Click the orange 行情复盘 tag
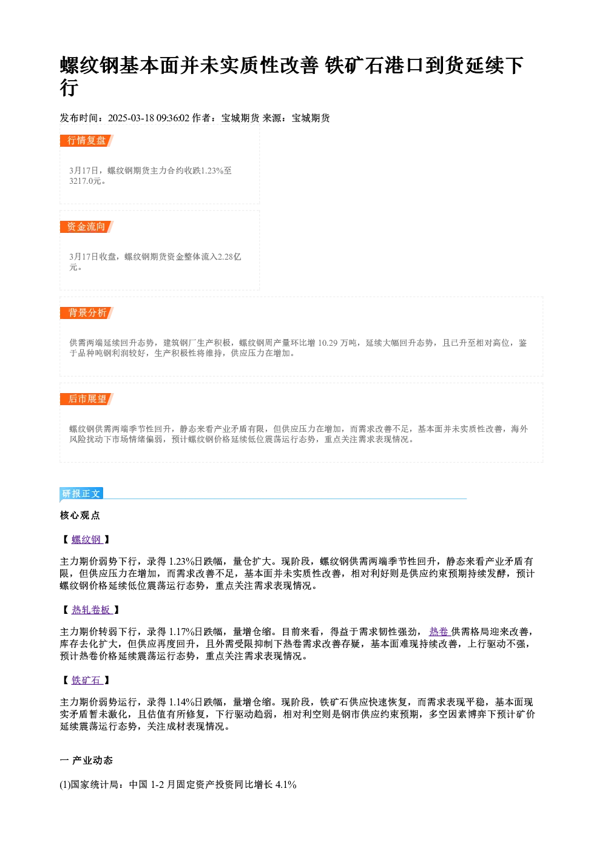click(87, 141)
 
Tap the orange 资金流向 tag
click(87, 227)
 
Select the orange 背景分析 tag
click(87, 312)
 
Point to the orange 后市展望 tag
click(87, 399)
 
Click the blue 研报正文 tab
click(81, 493)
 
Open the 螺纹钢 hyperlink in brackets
click(87, 539)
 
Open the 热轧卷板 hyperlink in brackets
click(91, 610)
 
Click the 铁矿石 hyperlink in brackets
click(86, 680)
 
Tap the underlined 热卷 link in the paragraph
click(439, 632)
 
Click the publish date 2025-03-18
click(131, 118)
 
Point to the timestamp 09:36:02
click(173, 118)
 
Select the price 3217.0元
click(86, 181)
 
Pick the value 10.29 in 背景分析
click(328, 343)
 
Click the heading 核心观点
click(80, 516)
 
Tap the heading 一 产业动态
click(86, 761)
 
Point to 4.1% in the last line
click(286, 785)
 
